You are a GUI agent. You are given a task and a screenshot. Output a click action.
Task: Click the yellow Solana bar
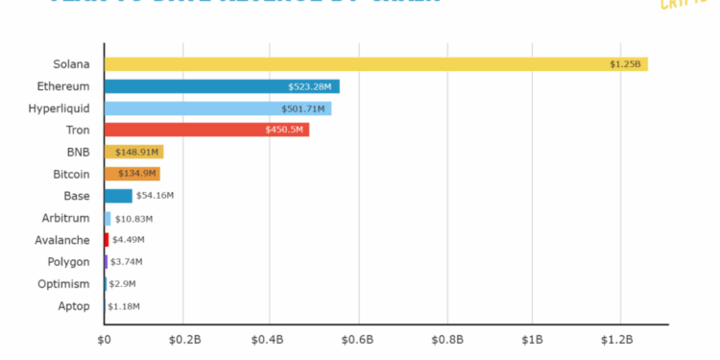374,64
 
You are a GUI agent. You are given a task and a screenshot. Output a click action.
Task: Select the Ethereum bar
222,86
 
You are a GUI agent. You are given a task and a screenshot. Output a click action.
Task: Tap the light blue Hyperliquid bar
217,108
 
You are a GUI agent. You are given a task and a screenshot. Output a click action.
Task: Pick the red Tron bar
206,130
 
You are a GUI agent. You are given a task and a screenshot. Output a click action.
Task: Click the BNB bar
133,152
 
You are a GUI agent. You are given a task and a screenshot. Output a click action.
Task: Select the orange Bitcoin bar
132,174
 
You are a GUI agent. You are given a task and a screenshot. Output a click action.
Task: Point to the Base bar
118,196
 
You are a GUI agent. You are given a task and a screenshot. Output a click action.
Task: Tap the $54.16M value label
155,196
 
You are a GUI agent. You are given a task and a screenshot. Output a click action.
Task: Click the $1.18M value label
123,306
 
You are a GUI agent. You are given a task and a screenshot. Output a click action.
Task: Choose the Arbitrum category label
67,218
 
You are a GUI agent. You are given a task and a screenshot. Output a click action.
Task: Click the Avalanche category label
64,240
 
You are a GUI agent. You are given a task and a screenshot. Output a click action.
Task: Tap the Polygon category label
70,262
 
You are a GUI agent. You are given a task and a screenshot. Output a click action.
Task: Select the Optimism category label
66,284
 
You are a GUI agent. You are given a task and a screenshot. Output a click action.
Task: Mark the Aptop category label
74,306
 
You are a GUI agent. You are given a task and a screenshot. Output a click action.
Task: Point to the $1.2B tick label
617,339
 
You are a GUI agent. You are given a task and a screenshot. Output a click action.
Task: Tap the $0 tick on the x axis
105,339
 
